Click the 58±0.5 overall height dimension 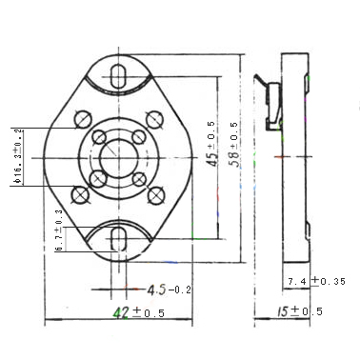pos(234,145)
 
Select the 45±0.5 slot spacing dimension pos(211,144)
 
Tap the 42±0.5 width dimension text pos(139,312)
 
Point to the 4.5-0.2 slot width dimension pos(170,290)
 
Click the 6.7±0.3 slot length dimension pos(59,230)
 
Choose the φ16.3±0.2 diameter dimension pos(18,156)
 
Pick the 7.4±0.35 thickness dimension pos(316,281)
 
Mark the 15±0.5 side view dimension pos(300,311)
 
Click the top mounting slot pos(119,75)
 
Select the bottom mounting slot pos(119,238)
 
